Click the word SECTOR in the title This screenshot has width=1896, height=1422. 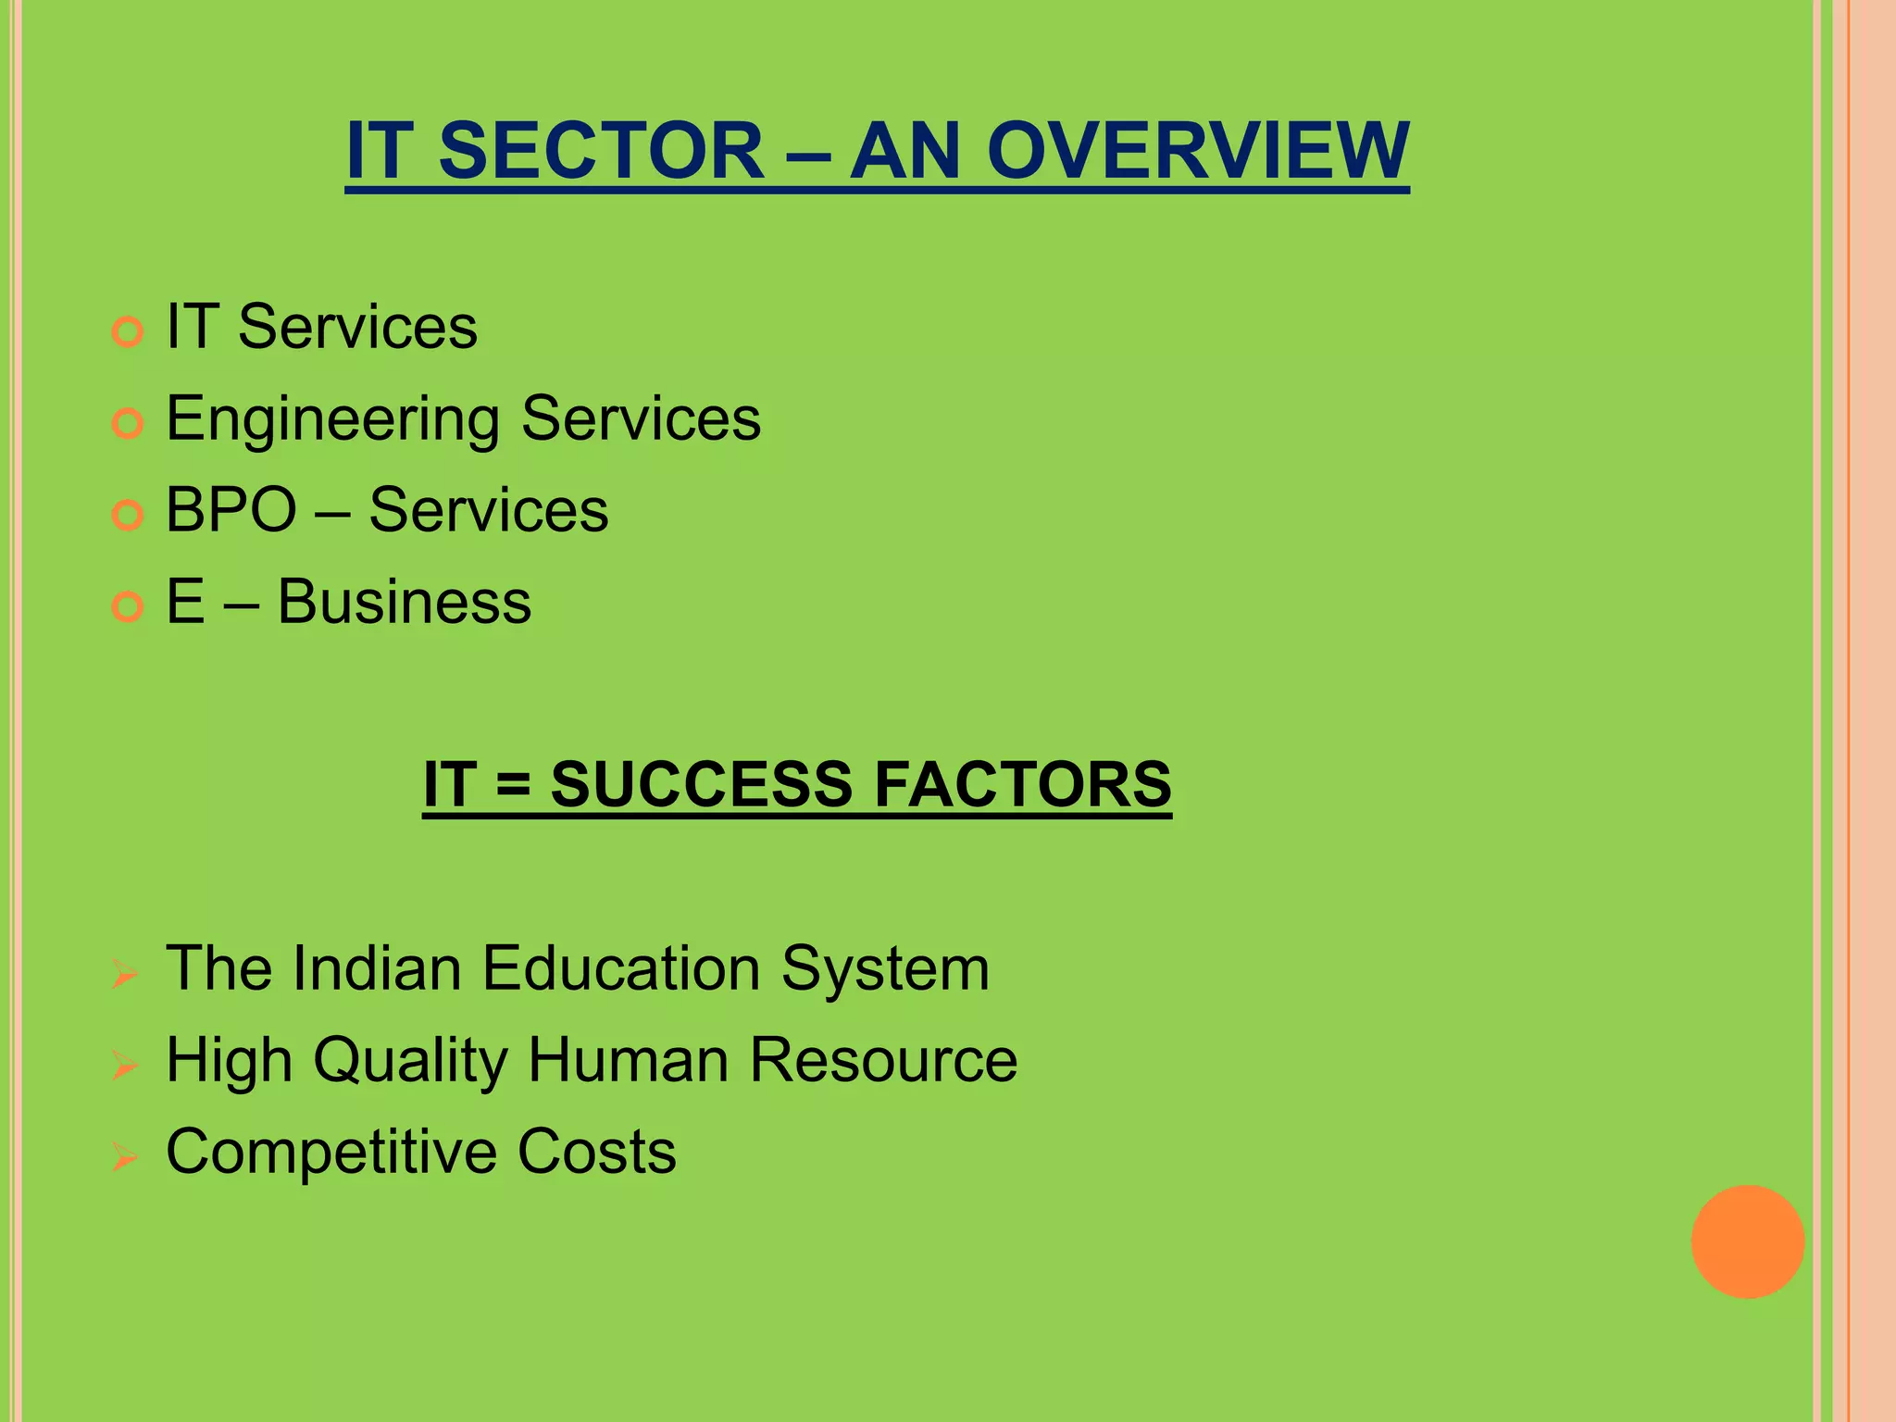tap(601, 151)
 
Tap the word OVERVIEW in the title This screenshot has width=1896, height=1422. tap(1197, 151)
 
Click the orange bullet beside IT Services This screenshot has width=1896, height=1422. tap(127, 331)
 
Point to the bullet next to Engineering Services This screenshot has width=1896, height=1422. tap(127, 423)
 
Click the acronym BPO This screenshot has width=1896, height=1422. tap(231, 510)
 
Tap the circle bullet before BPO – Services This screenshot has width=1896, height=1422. tap(127, 515)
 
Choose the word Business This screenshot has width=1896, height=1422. tap(404, 602)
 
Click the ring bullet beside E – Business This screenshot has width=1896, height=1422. tap(127, 606)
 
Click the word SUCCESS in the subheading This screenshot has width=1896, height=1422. tap(701, 785)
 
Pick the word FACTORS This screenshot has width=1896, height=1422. tap(1022, 785)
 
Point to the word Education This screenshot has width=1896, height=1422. tap(621, 969)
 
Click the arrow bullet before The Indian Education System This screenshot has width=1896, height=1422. tap(125, 974)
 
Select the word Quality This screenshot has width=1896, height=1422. tap(410, 1061)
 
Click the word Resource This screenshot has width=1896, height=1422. tap(883, 1060)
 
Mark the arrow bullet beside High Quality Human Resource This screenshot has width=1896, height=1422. tap(125, 1066)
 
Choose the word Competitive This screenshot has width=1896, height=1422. tap(332, 1153)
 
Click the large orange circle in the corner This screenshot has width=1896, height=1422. tap(1747, 1241)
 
